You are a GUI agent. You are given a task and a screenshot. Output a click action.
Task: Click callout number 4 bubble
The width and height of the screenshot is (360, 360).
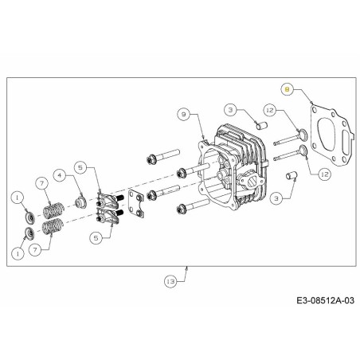61,174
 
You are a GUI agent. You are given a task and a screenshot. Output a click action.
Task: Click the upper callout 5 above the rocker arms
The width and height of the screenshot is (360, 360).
80,167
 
